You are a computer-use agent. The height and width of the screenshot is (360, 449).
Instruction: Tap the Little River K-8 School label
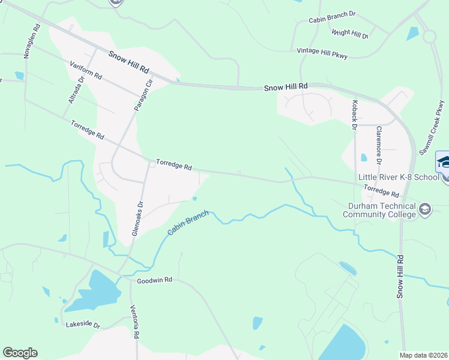point(398,177)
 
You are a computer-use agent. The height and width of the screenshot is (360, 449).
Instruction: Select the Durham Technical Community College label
point(378,210)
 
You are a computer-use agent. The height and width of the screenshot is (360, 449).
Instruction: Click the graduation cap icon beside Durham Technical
point(425,209)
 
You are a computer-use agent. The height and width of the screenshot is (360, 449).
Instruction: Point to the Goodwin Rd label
point(154,280)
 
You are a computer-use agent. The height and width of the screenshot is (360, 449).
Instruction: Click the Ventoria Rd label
point(136,321)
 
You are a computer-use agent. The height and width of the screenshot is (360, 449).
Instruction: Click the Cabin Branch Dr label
point(333,20)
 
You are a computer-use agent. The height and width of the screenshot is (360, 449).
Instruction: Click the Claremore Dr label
point(379,145)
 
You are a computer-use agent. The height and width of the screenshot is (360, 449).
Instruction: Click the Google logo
point(20,353)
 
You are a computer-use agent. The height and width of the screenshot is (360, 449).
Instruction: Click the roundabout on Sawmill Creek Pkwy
point(429,36)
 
